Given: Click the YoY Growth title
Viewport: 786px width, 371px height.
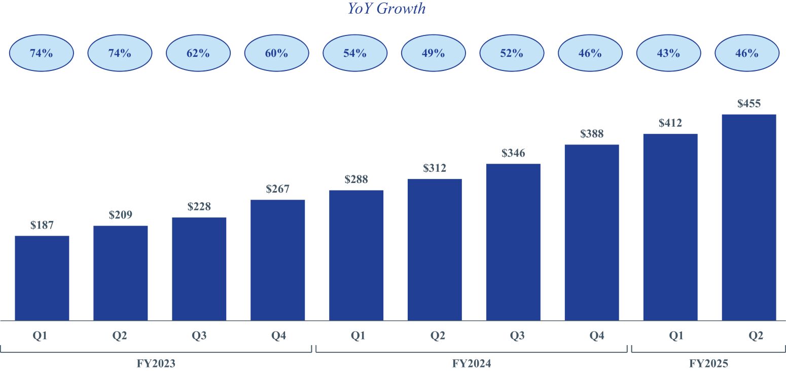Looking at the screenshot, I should tap(386, 9).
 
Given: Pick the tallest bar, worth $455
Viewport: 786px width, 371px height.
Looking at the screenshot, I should tap(748, 217).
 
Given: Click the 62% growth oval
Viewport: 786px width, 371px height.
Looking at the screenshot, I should tap(198, 53).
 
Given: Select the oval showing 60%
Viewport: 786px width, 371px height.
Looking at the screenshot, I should tap(276, 53).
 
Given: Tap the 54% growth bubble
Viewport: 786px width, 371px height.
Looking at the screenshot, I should tap(355, 53).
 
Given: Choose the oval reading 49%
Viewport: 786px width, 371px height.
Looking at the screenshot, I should tap(433, 53).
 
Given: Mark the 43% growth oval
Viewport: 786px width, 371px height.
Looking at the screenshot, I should tap(668, 53).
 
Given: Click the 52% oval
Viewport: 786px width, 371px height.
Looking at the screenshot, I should tap(512, 53).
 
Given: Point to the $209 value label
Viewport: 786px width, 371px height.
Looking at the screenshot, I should tap(120, 215).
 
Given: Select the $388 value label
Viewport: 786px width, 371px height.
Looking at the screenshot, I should tap(591, 134).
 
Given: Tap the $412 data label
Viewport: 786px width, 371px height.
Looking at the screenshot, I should tap(670, 123).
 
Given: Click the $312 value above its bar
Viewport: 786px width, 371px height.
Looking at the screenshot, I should tap(435, 168).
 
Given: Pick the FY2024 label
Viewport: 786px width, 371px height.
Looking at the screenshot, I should tap(472, 363).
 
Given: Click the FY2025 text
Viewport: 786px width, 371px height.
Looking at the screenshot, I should tap(708, 363).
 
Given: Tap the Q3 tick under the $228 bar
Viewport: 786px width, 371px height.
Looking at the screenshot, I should tap(198, 336).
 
